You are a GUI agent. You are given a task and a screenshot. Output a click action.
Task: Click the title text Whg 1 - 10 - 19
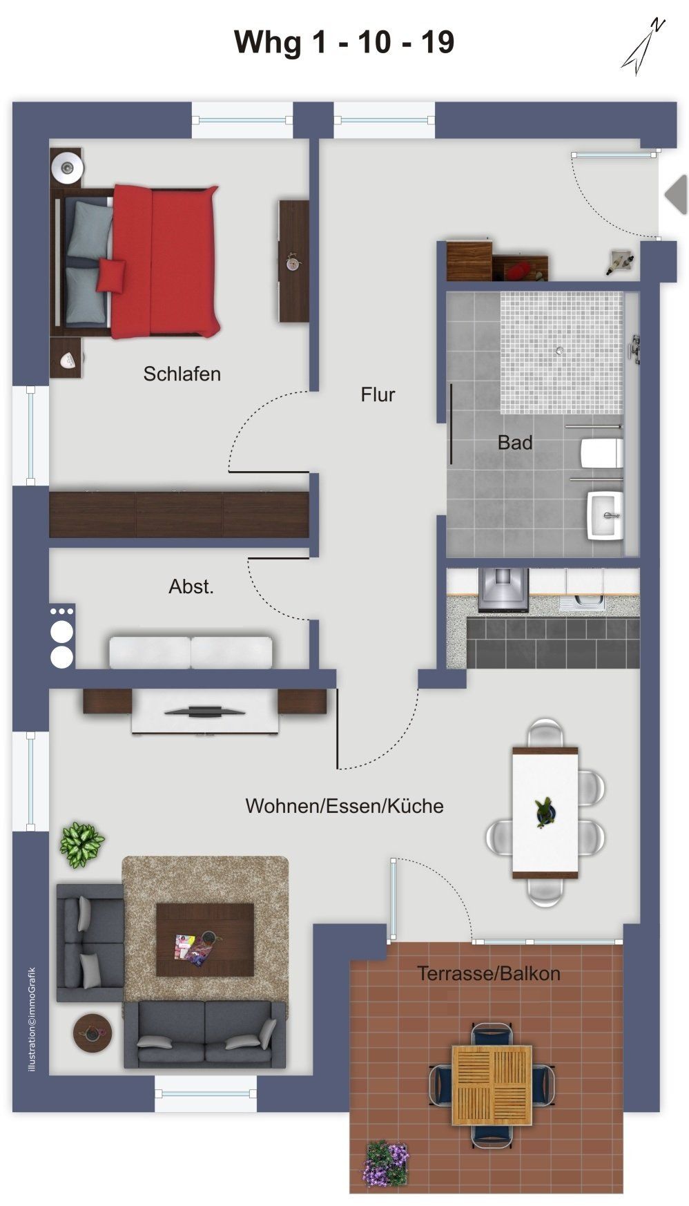coord(344,42)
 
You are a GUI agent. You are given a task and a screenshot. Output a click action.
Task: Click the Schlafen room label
coord(182,374)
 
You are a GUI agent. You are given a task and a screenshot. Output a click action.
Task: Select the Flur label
coord(378,394)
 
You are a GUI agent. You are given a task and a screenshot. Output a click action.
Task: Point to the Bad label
coord(515,442)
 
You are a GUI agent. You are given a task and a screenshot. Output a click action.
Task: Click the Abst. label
coord(191,586)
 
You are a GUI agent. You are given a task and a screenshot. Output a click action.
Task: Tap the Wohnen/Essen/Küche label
coord(344,805)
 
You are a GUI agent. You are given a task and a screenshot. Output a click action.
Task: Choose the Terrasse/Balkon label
coord(489,973)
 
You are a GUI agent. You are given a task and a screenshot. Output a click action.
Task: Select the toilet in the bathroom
coord(601,453)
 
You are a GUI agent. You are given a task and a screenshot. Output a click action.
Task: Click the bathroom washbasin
coord(605,515)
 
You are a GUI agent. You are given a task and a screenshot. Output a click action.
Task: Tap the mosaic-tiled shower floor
coord(561,352)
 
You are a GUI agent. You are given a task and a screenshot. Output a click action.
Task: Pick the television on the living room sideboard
coord(204,710)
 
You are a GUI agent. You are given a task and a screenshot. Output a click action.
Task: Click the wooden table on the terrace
coord(492,1084)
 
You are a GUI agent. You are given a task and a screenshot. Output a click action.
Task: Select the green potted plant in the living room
coord(81,844)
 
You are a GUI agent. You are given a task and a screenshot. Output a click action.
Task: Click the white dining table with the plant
coord(545,812)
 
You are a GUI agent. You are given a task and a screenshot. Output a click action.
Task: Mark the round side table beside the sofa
coord(92,1033)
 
